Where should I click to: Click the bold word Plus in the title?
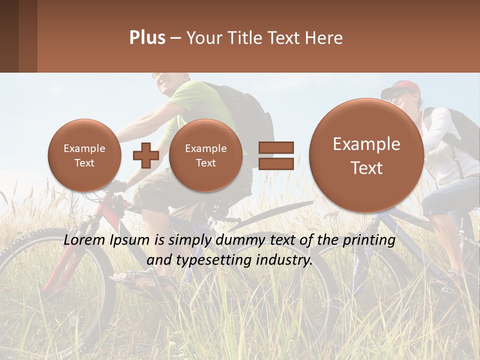click(147, 38)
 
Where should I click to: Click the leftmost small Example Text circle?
click(84, 155)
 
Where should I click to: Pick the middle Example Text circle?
click(205, 155)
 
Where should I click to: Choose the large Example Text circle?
click(366, 155)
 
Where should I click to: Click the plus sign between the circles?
click(145, 155)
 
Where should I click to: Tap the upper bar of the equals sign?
click(276, 147)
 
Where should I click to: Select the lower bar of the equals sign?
click(276, 163)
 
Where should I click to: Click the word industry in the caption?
click(286, 260)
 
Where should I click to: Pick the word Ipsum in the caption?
click(131, 240)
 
